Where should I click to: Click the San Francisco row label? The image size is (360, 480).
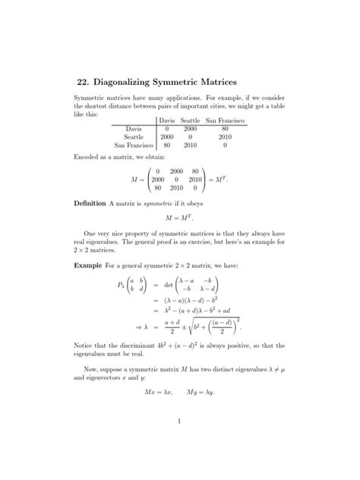point(134,144)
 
